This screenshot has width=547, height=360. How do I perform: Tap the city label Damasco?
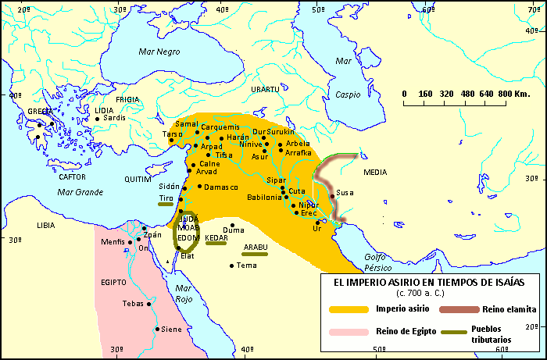pos(223,187)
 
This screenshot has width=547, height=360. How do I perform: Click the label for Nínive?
pos(251,144)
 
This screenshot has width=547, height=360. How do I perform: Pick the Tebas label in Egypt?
pos(133,303)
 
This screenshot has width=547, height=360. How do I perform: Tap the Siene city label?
pos(172,330)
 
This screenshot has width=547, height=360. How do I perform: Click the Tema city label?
pos(247,266)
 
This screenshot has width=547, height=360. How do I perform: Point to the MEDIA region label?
pos(377,172)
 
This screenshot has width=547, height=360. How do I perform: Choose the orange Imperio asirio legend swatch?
pos(348,309)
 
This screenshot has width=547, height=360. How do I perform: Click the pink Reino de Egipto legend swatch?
pos(348,332)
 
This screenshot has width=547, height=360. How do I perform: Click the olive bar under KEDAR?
pos(216,244)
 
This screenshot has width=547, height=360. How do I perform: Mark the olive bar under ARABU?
pos(255,254)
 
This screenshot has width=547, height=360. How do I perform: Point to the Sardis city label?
pos(115,118)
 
